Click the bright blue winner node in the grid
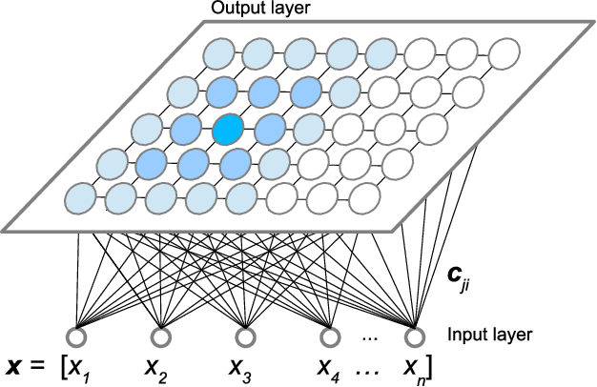(x=228, y=129)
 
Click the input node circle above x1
(x=76, y=337)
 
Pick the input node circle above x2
(x=161, y=337)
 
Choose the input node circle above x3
(x=245, y=337)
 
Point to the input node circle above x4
(x=330, y=337)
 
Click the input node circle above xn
(x=414, y=337)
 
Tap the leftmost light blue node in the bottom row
(x=79, y=199)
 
